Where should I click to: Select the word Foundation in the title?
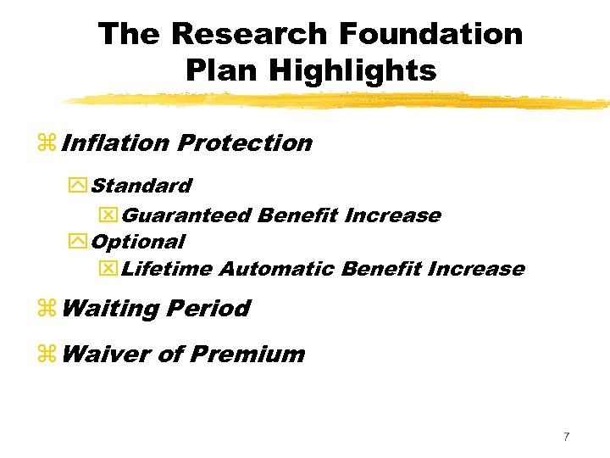point(430,35)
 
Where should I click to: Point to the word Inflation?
point(115,142)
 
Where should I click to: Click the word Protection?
point(245,142)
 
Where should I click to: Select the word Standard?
point(141,185)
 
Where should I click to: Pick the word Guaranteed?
point(186,215)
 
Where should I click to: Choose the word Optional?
point(137,242)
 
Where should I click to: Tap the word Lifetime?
point(167,269)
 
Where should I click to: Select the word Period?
point(208,308)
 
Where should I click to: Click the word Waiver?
point(107,353)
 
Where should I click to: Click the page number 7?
point(566,437)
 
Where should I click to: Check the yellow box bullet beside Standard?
point(80,186)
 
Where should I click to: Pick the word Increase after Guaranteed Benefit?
point(392,215)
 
